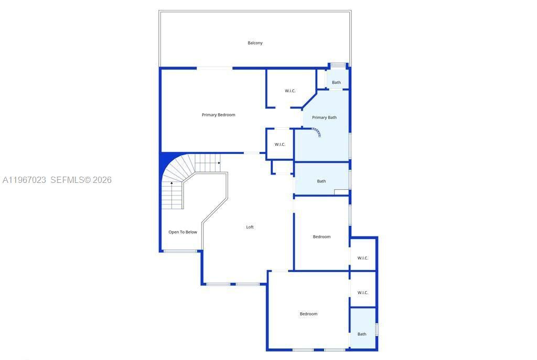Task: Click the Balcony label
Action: (x=255, y=43)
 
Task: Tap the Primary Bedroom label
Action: (x=218, y=115)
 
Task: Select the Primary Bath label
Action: (x=324, y=117)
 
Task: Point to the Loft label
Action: (x=250, y=227)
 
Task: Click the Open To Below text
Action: (x=182, y=232)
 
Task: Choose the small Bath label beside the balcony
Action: (x=336, y=82)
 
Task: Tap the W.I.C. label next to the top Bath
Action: (x=290, y=91)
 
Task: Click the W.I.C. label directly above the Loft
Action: (x=280, y=145)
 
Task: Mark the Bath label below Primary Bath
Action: (x=321, y=181)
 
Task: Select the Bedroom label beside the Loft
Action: (x=321, y=237)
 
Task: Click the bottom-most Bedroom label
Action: (x=308, y=314)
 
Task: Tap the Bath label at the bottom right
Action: (x=362, y=334)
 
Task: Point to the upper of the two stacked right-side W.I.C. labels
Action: (x=363, y=258)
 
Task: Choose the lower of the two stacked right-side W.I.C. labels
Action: (x=363, y=292)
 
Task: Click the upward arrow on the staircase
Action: (x=171, y=184)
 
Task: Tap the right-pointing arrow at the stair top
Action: (x=219, y=163)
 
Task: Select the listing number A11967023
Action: (x=24, y=180)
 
